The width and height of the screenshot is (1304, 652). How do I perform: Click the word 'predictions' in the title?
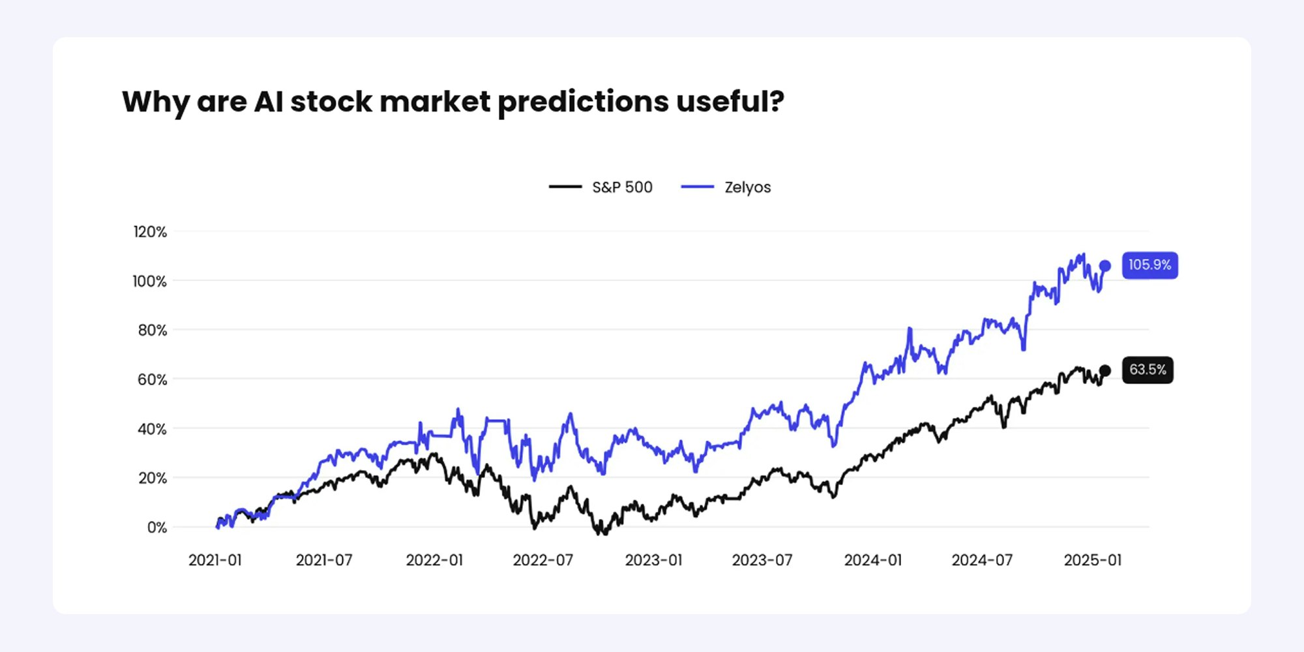click(x=583, y=102)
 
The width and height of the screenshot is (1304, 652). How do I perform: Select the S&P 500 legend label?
click(x=622, y=187)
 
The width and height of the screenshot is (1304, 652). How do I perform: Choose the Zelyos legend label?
click(x=747, y=187)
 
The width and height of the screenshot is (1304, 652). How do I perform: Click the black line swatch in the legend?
click(x=565, y=186)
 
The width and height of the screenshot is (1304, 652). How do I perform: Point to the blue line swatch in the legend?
click(x=697, y=186)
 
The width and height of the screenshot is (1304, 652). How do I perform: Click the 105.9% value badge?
click(x=1149, y=265)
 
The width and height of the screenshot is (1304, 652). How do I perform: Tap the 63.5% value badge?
click(x=1148, y=370)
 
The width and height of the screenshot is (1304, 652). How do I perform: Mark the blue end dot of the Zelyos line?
click(x=1105, y=266)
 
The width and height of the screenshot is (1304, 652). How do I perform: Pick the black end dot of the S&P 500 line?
click(x=1105, y=370)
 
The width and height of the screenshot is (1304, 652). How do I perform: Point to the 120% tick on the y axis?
click(x=150, y=232)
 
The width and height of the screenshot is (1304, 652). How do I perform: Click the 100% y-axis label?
click(x=150, y=282)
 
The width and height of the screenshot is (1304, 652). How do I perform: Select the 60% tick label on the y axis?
click(x=152, y=380)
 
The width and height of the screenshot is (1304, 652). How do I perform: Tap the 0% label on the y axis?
click(x=156, y=527)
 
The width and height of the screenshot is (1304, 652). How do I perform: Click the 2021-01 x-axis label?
click(x=215, y=561)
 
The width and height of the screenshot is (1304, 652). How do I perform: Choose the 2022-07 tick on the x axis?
click(x=542, y=561)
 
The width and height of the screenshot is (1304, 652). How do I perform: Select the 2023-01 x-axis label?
click(x=653, y=561)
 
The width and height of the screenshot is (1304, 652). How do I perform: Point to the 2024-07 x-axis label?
click(x=982, y=561)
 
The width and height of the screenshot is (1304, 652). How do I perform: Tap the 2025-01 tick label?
click(x=1093, y=561)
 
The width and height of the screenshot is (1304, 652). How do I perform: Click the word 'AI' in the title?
click(x=269, y=102)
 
